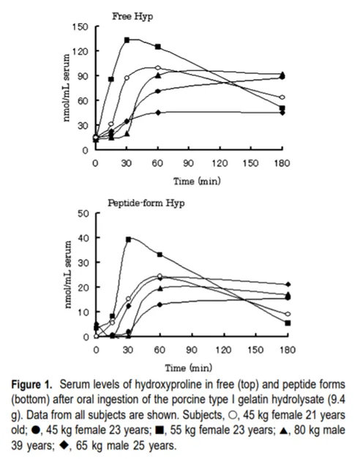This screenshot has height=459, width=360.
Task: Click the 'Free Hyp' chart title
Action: tap(132, 17)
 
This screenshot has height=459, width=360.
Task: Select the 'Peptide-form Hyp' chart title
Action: tap(146, 203)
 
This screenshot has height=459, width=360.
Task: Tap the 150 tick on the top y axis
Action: tap(80, 27)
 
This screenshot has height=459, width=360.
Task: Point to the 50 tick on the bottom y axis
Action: tap(83, 213)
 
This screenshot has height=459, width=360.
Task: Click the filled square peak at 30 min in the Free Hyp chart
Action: tap(127, 40)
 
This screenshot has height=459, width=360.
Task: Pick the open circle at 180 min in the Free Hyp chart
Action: tap(282, 97)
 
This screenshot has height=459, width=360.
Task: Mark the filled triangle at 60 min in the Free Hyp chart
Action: tap(158, 75)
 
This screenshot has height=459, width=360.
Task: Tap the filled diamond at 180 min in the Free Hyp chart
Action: tap(282, 113)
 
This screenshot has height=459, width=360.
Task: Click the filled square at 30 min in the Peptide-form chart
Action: tap(128, 239)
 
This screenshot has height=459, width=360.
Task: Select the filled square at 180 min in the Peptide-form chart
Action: tap(288, 323)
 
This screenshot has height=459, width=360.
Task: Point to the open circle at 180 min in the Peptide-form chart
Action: tap(288, 314)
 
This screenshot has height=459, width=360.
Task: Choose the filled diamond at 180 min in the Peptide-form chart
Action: tap(288, 284)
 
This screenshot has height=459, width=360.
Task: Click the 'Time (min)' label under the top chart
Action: tap(197, 182)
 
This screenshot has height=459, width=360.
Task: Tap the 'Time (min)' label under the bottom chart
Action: tap(189, 367)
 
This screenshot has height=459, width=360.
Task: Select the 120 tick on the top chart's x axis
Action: tap(220, 163)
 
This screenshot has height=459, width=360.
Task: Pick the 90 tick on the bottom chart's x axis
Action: tap(192, 349)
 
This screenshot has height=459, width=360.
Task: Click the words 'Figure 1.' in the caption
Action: tap(32, 384)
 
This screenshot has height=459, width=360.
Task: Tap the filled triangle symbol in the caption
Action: tap(283, 430)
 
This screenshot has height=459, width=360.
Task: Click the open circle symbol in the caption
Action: tap(233, 415)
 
